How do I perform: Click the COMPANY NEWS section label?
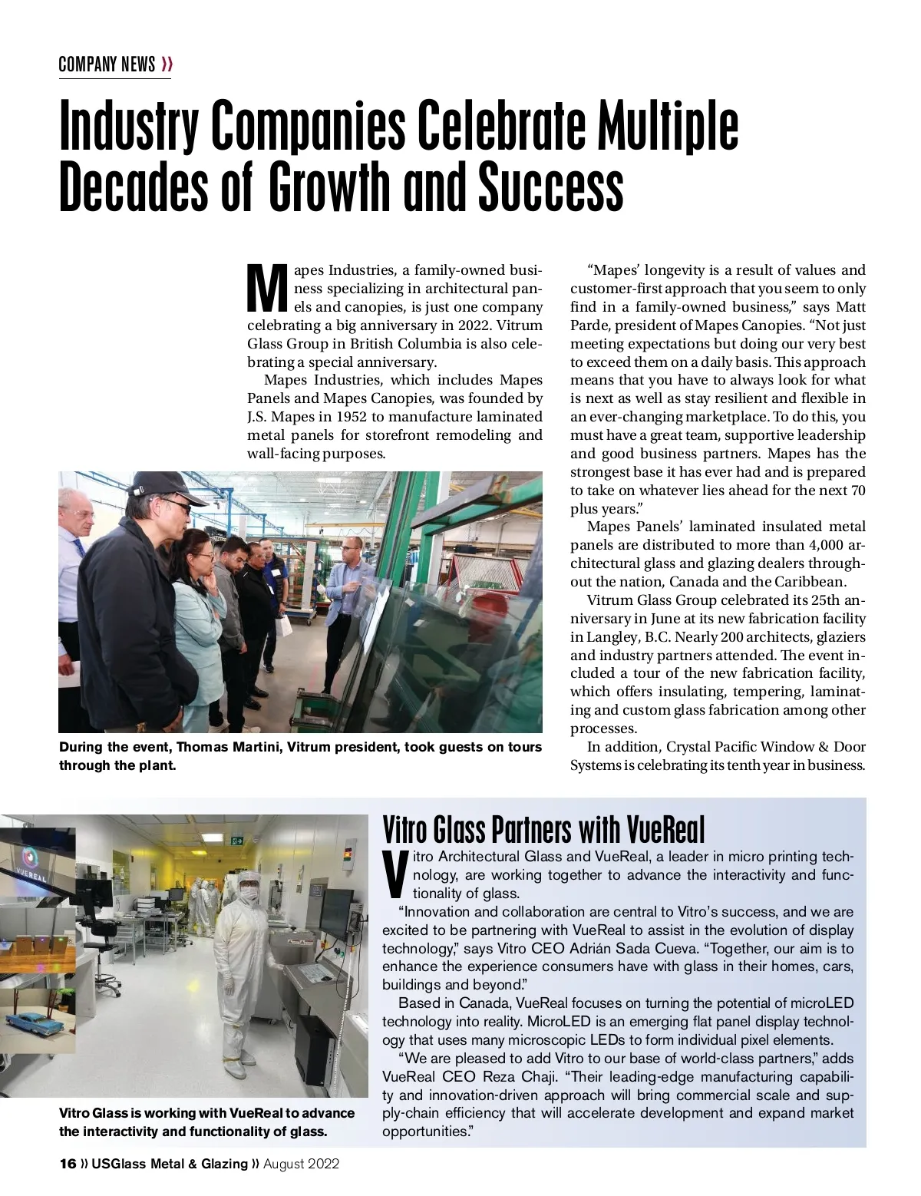pyautogui.click(x=107, y=64)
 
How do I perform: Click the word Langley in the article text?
pyautogui.click(x=611, y=637)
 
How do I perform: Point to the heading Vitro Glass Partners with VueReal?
pyautogui.click(x=543, y=829)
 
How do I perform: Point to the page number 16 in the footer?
pyautogui.click(x=68, y=1164)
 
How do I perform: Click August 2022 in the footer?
pyautogui.click(x=301, y=1164)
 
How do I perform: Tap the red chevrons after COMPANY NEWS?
pyautogui.click(x=167, y=64)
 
